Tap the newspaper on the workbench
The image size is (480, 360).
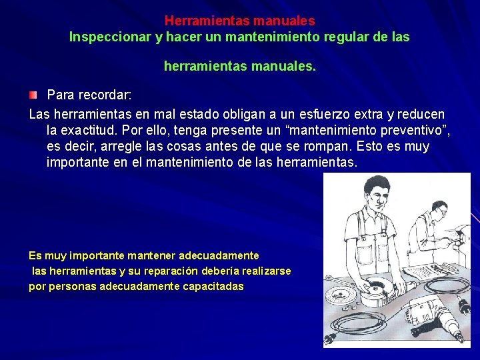[x=424, y=269]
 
